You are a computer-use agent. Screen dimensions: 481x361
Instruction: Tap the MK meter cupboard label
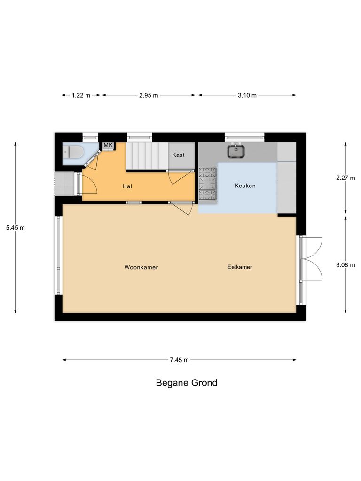(x=108, y=145)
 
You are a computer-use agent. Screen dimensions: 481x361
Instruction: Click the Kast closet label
(x=178, y=155)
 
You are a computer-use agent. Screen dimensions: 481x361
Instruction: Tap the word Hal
(x=126, y=186)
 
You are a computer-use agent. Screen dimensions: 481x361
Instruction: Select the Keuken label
(x=245, y=186)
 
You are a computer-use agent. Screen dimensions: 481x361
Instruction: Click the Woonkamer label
(x=141, y=267)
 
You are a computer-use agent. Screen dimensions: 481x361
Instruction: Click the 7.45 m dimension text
(x=179, y=360)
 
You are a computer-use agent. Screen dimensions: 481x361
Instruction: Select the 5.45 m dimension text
(x=15, y=228)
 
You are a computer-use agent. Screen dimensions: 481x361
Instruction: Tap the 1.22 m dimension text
(x=81, y=95)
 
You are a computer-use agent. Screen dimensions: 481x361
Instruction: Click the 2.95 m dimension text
(x=149, y=95)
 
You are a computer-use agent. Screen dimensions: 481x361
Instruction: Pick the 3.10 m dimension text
(x=247, y=95)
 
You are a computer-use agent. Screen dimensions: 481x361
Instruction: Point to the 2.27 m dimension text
(x=346, y=178)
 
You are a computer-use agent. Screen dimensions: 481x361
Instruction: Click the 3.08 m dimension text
(x=346, y=265)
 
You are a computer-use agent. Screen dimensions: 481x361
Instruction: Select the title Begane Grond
(x=187, y=383)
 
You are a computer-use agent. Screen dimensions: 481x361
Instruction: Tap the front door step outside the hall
(x=65, y=184)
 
